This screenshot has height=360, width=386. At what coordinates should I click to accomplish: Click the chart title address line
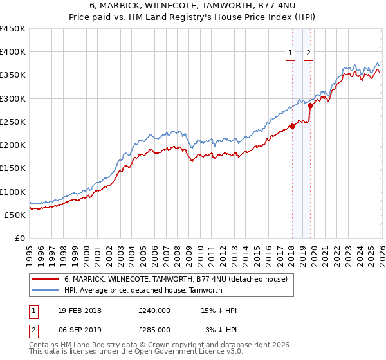[x=192, y=6]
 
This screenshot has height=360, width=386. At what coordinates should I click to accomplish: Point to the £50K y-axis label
[x=14, y=215]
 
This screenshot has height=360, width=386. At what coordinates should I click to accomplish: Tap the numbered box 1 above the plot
[x=291, y=53]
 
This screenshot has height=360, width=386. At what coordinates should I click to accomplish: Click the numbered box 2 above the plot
[x=309, y=53]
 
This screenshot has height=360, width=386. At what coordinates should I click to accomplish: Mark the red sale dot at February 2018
[x=291, y=126]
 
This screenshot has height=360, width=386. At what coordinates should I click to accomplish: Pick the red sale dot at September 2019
[x=309, y=105]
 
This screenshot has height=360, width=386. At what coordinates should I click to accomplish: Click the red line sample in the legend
[x=46, y=279]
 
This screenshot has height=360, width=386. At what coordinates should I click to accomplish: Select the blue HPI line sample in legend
[x=46, y=290]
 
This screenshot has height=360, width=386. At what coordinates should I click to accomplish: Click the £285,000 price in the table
[x=154, y=329]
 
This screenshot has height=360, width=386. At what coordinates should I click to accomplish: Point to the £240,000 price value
[x=154, y=310]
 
